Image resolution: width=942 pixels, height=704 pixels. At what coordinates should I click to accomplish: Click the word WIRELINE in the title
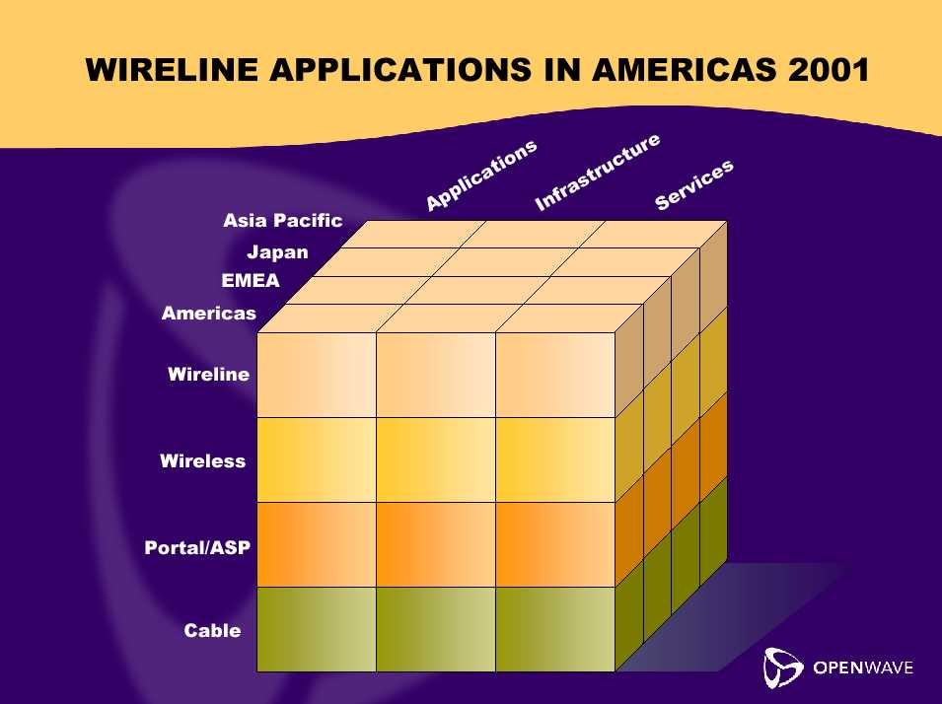point(172,69)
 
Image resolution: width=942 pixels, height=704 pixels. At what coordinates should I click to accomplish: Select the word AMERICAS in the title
point(685,69)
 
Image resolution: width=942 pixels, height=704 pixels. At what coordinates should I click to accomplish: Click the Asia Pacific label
point(282,221)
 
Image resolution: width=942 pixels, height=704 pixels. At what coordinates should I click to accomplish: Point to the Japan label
point(277,252)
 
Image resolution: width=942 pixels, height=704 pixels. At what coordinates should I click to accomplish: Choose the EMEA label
point(251,281)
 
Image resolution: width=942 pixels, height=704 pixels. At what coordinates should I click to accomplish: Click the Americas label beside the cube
point(209,313)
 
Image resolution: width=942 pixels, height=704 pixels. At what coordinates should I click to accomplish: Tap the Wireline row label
point(208,375)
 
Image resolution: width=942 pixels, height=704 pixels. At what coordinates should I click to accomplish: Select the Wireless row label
point(202,460)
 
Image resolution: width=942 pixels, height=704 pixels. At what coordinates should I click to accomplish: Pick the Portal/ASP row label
point(197,547)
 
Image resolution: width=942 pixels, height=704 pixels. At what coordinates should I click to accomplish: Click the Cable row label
point(212,630)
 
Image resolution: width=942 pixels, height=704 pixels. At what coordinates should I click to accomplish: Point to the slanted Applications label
point(481,175)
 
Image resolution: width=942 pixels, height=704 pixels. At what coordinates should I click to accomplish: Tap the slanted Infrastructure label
point(597,173)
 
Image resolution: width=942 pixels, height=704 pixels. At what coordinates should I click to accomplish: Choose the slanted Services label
point(693,185)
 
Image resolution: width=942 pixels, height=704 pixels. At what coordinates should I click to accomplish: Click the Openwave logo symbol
point(783,668)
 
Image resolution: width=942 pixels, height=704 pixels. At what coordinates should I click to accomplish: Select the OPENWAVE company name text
point(863,668)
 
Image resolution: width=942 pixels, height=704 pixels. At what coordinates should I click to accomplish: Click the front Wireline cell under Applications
point(317,375)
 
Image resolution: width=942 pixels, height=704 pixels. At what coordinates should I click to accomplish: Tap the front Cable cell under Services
point(555,629)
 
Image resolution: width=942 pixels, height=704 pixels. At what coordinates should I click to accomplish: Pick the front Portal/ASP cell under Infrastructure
point(436,544)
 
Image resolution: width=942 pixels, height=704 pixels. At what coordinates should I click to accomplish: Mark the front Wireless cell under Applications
point(317,459)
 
